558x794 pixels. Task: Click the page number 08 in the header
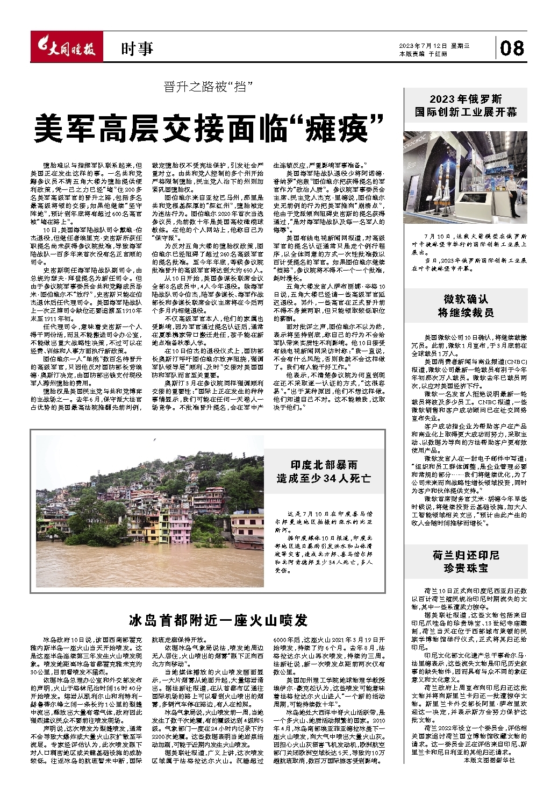coord(511,48)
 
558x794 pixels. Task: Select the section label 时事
coord(137,49)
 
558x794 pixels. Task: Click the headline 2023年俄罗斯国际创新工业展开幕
coord(466,105)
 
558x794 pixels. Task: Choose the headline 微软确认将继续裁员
coord(466,306)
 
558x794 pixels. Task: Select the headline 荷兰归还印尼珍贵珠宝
coord(466,561)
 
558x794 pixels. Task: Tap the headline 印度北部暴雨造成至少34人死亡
coord(324,471)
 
